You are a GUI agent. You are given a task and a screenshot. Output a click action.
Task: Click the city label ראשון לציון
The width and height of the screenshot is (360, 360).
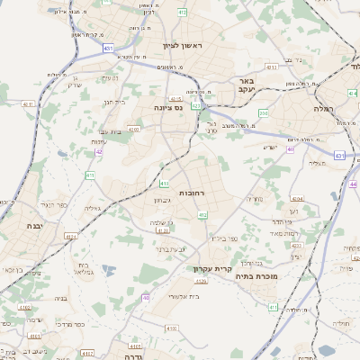[184, 46]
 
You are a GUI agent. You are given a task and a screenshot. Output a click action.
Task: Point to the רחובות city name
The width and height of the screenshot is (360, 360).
[193, 193]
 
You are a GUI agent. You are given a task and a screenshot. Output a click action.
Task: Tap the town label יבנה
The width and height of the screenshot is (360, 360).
[36, 226]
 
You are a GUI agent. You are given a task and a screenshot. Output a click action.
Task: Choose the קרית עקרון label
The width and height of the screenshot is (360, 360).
[212, 268]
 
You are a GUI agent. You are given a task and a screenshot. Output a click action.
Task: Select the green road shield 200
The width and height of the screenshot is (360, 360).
[263, 113]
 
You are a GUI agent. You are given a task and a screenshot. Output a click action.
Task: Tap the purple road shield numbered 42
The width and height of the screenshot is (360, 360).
[99, 151]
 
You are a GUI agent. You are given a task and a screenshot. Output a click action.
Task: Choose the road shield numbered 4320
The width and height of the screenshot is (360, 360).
[200, 282]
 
